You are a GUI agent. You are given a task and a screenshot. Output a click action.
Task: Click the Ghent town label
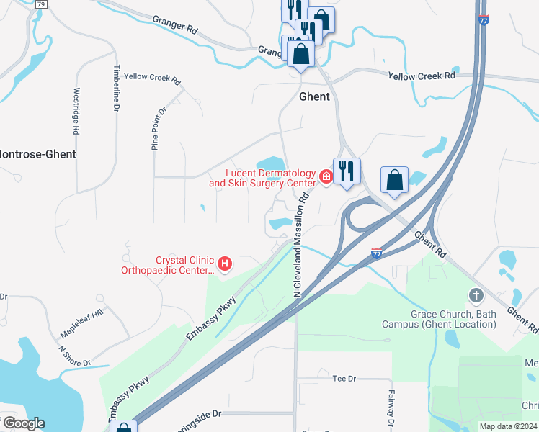[x=314, y=96]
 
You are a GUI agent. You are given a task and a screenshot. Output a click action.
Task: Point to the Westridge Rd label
[x=76, y=112]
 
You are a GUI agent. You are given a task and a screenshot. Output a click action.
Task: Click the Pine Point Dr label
[x=158, y=129]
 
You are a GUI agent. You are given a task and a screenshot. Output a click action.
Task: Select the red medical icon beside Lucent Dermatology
[x=326, y=176]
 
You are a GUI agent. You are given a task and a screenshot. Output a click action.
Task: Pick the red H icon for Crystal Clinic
[x=225, y=264]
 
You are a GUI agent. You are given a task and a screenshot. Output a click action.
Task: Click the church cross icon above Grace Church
[x=475, y=294]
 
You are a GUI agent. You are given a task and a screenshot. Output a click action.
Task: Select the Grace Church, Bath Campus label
[x=453, y=319]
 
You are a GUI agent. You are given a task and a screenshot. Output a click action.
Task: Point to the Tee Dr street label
[x=344, y=378]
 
